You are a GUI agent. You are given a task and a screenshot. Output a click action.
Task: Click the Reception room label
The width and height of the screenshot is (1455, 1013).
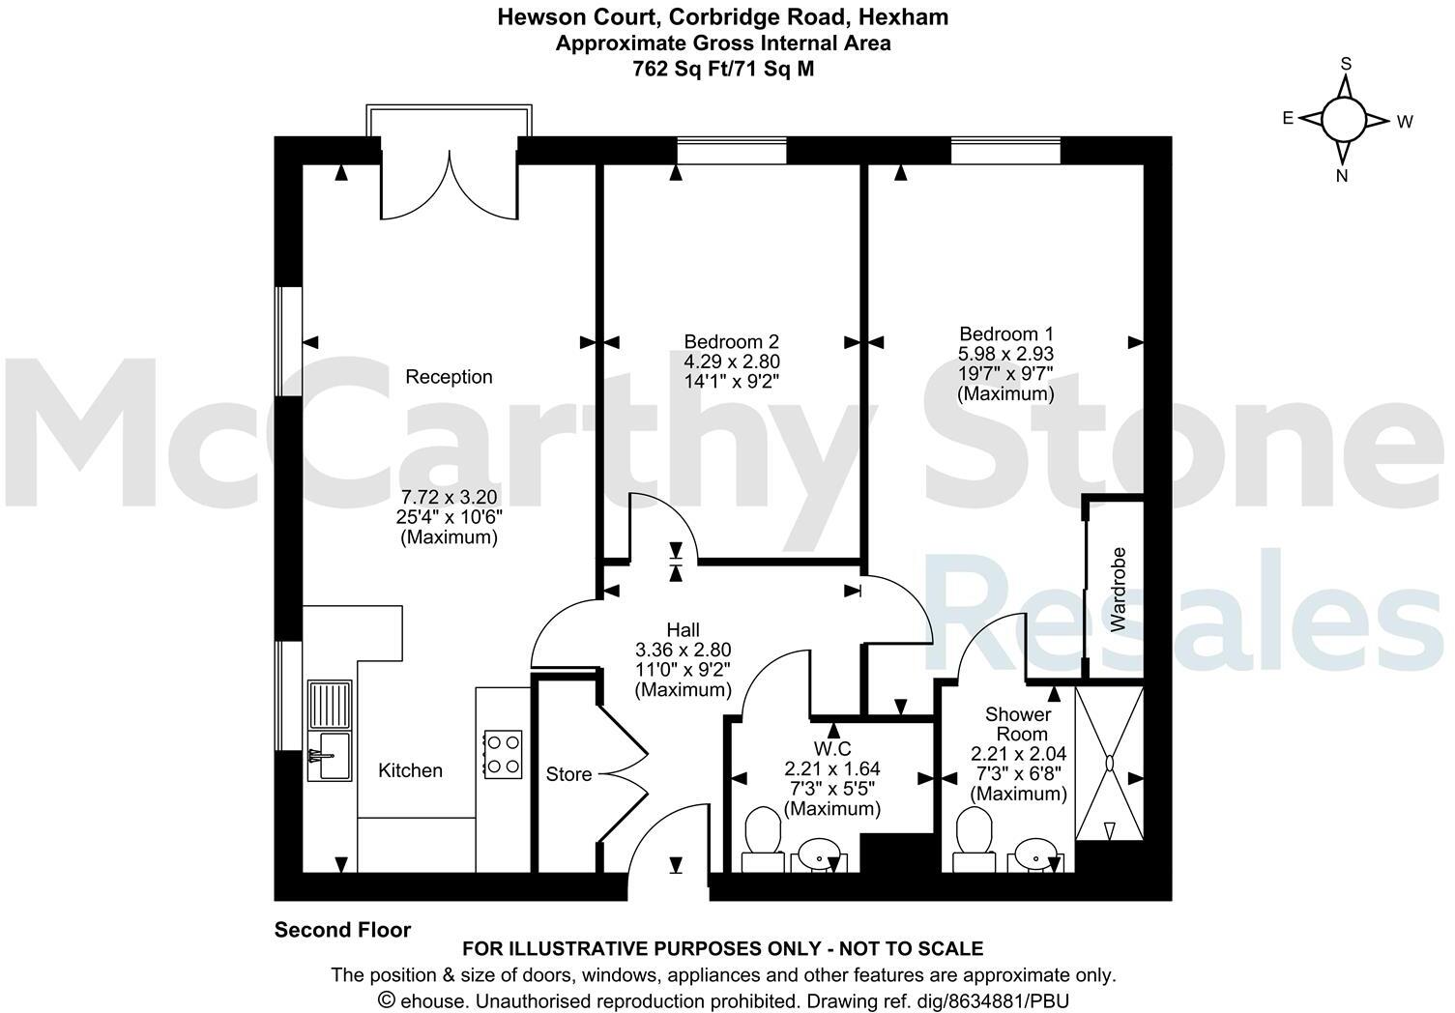449,377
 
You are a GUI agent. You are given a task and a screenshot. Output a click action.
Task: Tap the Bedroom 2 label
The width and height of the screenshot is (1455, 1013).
731,341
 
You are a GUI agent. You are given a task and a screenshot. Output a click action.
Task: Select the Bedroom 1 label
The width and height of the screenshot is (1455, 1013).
1005,333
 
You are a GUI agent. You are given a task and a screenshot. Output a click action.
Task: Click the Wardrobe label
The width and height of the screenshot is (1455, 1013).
1119,590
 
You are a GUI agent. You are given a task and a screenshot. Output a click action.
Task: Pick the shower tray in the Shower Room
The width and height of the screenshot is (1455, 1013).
1110,764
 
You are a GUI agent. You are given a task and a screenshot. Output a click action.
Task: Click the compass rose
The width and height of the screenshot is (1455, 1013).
1343,120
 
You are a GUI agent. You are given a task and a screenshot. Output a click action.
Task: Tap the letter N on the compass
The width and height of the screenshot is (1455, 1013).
1342,175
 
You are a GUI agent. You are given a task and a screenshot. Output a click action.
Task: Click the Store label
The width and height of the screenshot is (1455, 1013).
568,774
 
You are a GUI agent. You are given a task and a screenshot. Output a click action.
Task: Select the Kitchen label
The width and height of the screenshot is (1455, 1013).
410,770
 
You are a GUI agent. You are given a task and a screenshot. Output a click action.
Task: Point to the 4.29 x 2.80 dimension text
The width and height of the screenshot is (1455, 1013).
731,362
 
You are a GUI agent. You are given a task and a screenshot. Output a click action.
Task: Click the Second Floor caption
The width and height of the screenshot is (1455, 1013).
342,930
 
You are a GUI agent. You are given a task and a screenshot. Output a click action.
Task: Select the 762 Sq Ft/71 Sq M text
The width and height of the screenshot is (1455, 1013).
722,69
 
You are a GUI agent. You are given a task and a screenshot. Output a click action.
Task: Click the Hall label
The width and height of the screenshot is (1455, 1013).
683,630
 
